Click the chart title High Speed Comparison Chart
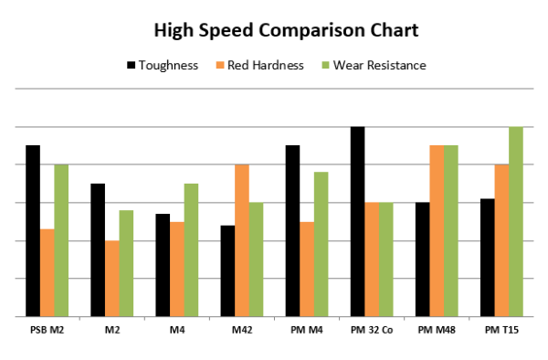[x=274, y=30]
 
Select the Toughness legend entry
[x=170, y=66]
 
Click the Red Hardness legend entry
[x=266, y=66]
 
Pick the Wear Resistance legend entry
[x=375, y=66]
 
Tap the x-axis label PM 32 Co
[x=372, y=328]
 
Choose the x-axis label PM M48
[x=437, y=328]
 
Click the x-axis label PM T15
[x=501, y=328]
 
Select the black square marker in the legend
[x=131, y=66]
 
